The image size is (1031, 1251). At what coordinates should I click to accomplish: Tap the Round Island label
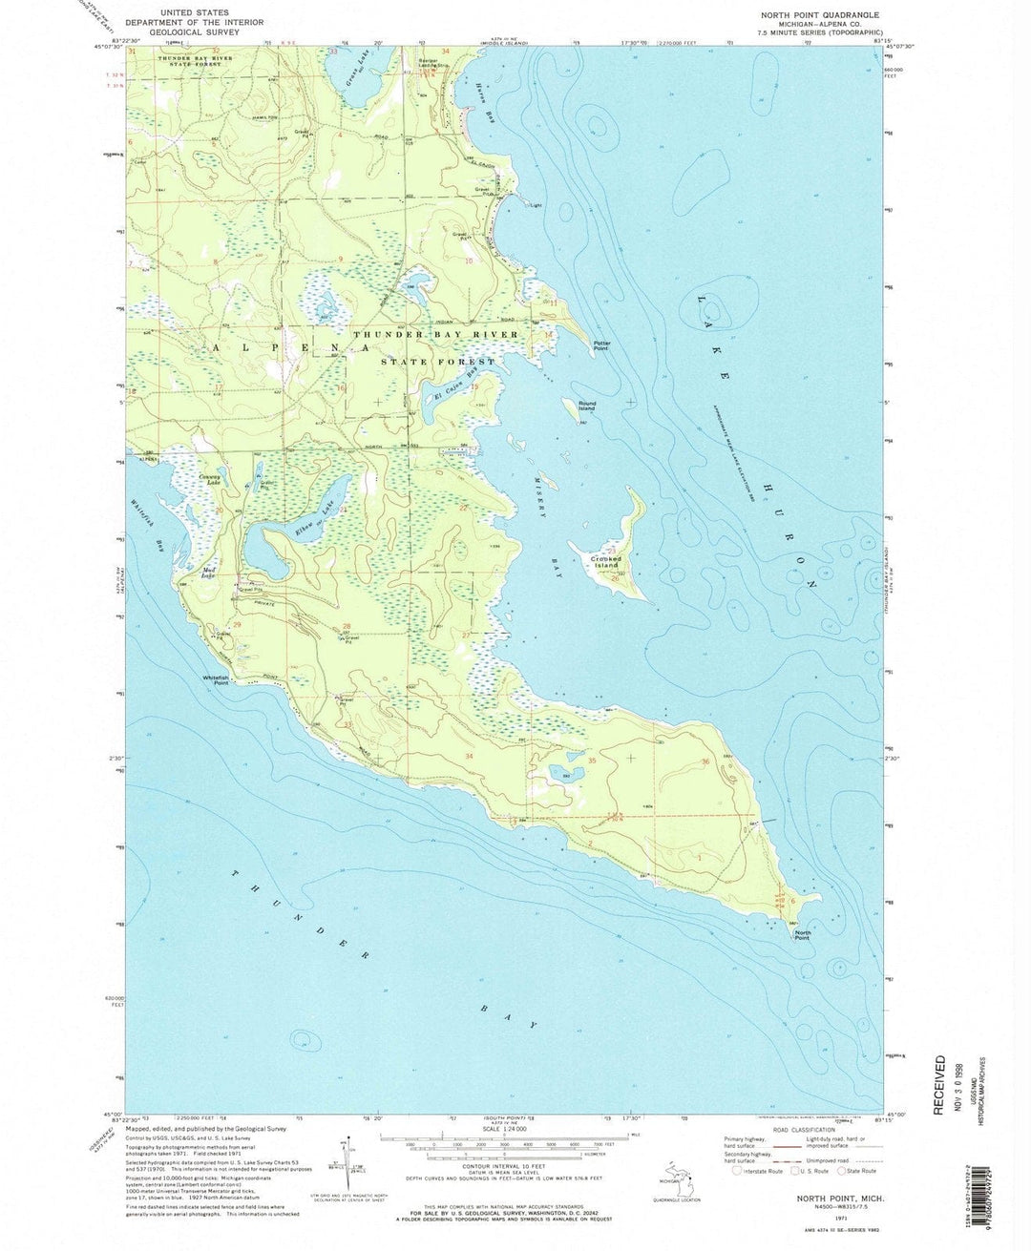[587, 406]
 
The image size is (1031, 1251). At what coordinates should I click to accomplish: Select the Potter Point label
[601, 345]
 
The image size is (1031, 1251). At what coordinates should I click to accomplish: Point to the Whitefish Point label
[216, 680]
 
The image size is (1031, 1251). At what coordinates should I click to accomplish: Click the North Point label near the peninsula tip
[803, 936]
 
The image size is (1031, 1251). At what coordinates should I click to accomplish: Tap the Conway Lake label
[209, 480]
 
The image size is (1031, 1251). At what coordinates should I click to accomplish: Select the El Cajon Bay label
[454, 391]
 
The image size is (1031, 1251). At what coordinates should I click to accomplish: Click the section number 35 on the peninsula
[592, 761]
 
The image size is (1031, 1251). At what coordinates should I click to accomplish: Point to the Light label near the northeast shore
[537, 204]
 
